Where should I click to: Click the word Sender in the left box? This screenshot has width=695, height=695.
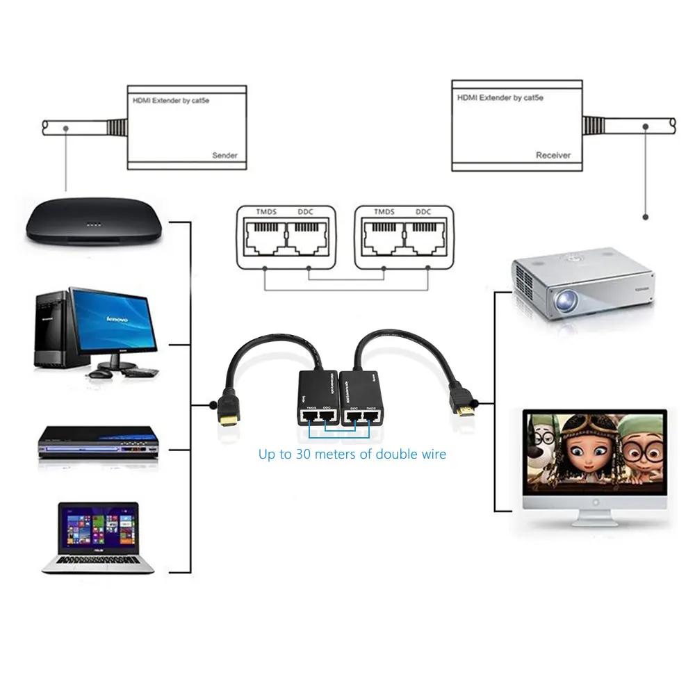point(224,156)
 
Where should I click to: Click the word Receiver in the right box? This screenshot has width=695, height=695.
point(553,156)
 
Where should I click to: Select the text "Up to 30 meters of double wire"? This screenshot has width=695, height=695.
point(352,455)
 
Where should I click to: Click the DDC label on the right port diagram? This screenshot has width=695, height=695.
point(423,212)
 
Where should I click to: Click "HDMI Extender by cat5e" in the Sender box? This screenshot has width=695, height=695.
point(171,101)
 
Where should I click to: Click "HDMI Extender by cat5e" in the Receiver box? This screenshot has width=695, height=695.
point(500,98)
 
